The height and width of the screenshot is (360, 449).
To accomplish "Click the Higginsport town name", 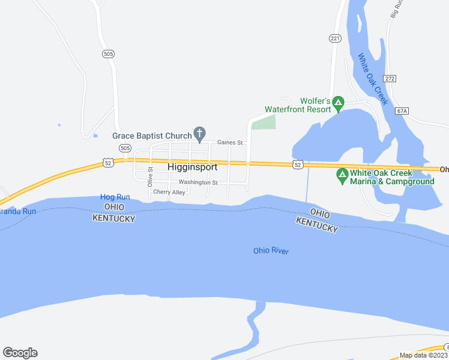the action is click(x=192, y=167).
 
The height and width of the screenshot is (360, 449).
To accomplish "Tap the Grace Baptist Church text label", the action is click(x=152, y=136).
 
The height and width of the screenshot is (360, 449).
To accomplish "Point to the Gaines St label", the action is click(x=229, y=143).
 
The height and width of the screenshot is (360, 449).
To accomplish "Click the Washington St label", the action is click(x=198, y=182).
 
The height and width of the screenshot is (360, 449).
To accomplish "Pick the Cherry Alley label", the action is click(x=169, y=192).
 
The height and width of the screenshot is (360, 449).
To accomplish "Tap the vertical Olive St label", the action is click(x=151, y=177).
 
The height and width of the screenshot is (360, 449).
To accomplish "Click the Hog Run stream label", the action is click(x=115, y=197).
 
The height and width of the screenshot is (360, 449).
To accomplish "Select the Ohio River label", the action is click(x=271, y=251).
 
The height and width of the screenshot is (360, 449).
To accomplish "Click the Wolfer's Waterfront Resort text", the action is click(x=298, y=105).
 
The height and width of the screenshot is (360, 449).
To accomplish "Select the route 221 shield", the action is click(x=334, y=38).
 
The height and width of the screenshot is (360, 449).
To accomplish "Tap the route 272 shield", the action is click(x=390, y=78).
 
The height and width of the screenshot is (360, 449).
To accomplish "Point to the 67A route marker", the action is click(x=402, y=110).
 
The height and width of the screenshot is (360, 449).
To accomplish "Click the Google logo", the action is click(x=20, y=352).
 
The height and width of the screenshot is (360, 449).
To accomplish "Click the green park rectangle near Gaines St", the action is click(x=264, y=122).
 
